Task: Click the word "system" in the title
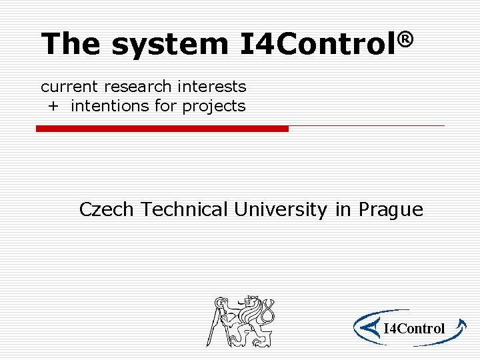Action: click(169, 44)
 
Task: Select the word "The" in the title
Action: click(71, 44)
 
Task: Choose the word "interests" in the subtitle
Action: click(212, 87)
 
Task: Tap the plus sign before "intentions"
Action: click(53, 106)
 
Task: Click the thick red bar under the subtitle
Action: click(162, 129)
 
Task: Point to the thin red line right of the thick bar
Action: click(367, 125)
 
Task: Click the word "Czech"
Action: click(107, 209)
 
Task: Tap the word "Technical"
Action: click(185, 209)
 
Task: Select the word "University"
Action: click(281, 210)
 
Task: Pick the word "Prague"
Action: click(391, 211)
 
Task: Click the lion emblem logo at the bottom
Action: click(241, 321)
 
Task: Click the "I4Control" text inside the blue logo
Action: click(415, 328)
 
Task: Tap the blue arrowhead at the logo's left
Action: click(364, 327)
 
